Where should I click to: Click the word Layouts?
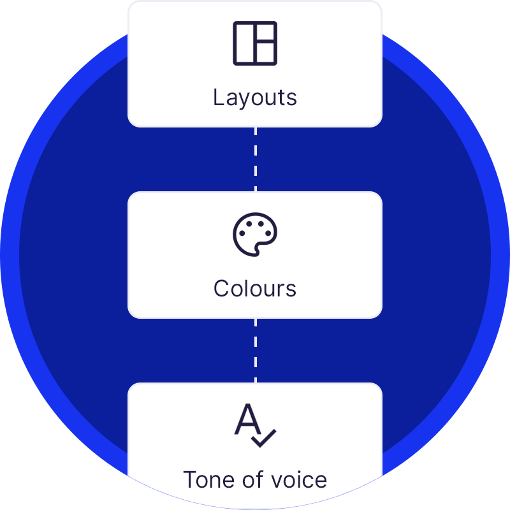coord(255,98)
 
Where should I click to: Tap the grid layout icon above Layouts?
coord(255,43)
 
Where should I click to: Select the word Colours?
coord(255,289)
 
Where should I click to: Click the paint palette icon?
coord(255,235)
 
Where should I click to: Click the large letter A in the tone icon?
coord(247,419)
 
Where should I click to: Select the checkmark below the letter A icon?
coord(263,438)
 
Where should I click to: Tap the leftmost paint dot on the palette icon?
coord(242,233)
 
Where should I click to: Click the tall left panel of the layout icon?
coord(244,43)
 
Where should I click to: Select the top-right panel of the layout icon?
coord(265,33)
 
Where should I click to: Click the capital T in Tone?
coord(190,479)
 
